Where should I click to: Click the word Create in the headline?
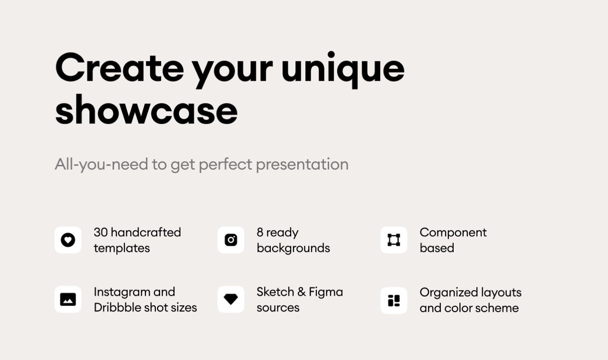[119, 68]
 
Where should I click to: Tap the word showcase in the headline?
[146, 110]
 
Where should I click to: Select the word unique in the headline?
[343, 70]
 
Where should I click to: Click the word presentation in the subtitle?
[302, 164]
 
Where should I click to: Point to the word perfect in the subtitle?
[226, 164]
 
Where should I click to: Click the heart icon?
[68, 240]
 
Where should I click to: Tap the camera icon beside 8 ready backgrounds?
[231, 240]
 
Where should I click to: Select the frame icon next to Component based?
[394, 240]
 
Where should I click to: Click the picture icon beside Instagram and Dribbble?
[68, 300]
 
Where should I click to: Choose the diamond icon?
[231, 299]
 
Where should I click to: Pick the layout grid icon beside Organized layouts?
[394, 301]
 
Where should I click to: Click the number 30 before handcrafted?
[101, 232]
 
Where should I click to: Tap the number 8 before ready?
[260, 232]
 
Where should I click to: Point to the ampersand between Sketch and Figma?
[301, 292]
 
